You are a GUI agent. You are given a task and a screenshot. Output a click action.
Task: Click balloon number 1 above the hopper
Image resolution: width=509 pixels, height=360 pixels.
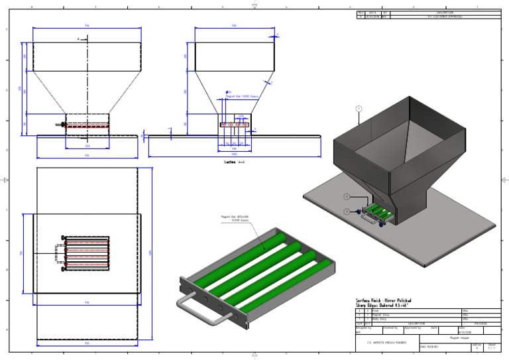click(359, 107)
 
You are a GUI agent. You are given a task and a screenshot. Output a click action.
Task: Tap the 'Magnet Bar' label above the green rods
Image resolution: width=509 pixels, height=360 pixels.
click(235, 218)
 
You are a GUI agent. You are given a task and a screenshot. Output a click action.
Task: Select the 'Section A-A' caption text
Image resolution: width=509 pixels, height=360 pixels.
click(234, 160)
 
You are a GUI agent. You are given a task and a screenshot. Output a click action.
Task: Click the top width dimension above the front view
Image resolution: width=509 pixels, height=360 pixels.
click(87, 28)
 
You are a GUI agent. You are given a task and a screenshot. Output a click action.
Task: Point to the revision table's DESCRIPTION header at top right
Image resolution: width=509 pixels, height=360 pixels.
click(445, 12)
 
